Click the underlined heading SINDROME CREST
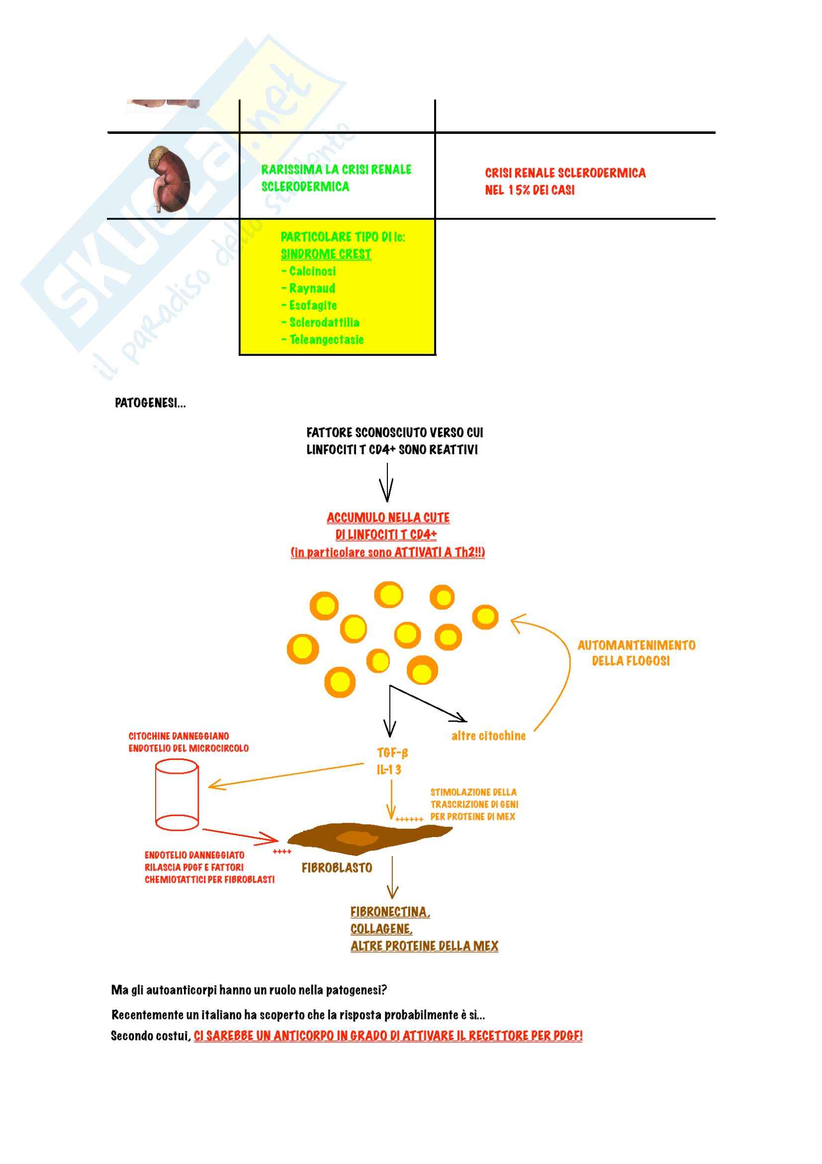click(326, 254)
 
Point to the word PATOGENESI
click(149, 403)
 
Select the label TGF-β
click(392, 752)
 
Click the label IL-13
click(389, 769)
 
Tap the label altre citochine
click(488, 736)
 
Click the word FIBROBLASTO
click(337, 867)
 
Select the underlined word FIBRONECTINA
click(390, 912)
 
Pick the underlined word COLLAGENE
click(381, 929)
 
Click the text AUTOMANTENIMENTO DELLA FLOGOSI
click(636, 653)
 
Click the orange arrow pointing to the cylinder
click(286, 775)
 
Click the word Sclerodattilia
click(324, 322)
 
